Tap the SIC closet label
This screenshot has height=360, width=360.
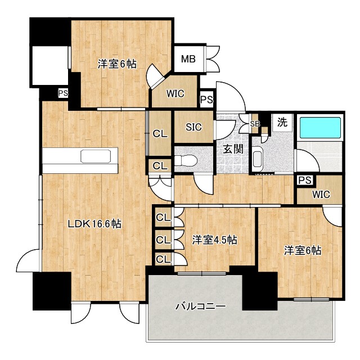coord(193,126)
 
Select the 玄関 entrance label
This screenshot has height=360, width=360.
coord(232,149)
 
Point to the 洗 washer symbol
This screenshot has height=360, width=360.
coord(282,121)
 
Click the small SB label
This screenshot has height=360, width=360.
coord(254,124)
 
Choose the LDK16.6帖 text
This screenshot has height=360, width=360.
coord(95,224)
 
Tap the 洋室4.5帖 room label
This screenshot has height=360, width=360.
coord(214,240)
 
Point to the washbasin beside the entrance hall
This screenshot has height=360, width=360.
coord(258,159)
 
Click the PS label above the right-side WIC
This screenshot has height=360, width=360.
coord(305,180)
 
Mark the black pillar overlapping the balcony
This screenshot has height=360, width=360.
coord(260,291)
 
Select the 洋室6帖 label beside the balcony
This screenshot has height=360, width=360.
coord(303,250)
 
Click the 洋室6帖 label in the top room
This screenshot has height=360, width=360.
coord(117,64)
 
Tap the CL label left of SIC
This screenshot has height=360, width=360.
coord(160,134)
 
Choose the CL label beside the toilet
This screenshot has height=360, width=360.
coord(160,165)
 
